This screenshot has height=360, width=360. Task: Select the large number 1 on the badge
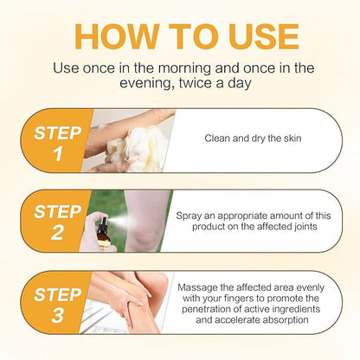[57, 156]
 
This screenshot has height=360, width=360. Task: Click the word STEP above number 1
[57, 132]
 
